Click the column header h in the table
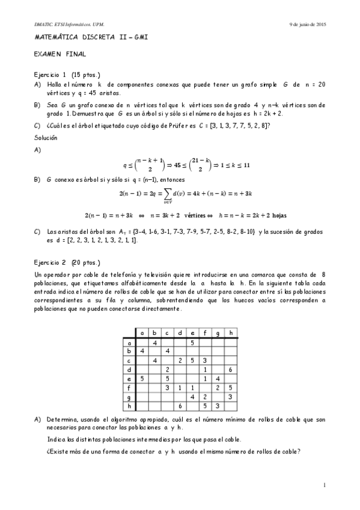point(231,333)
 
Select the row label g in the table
point(129,397)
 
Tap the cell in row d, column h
point(231,369)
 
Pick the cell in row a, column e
point(192,342)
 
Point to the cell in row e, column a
point(142,378)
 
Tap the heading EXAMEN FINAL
point(59,54)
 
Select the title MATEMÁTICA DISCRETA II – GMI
point(90,37)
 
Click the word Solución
point(46,138)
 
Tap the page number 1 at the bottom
point(324,485)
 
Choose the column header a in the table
point(142,333)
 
